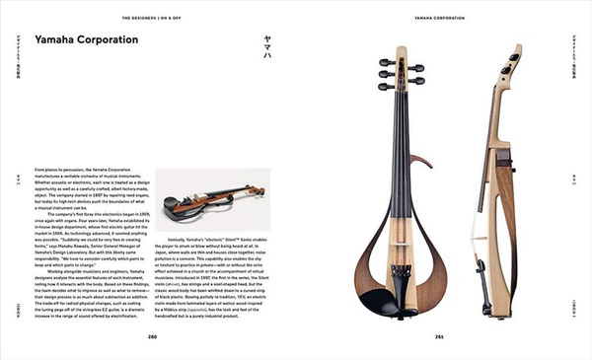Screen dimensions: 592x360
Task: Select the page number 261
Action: pos(439,336)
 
